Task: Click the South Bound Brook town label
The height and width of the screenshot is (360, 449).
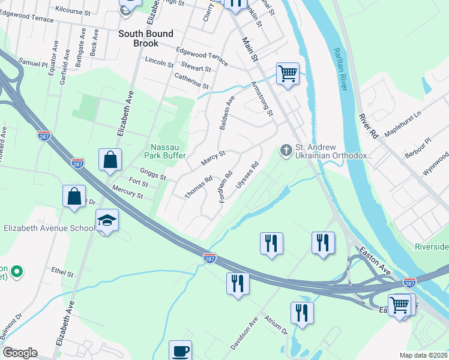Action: [146, 38]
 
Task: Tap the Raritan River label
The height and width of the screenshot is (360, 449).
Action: [340, 69]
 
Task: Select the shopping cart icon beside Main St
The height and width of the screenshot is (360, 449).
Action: [288, 74]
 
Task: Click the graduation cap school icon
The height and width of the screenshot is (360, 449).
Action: [107, 221]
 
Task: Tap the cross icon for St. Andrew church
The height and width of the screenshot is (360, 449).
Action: [286, 149]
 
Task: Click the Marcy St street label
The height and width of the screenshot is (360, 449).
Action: [213, 158]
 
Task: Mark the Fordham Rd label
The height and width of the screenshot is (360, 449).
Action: [226, 187]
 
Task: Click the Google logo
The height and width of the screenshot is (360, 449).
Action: [20, 353]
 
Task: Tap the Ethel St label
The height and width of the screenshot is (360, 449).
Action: [62, 273]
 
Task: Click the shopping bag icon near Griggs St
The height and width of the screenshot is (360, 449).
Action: [110, 160]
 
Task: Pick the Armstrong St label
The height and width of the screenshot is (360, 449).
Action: [262, 98]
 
